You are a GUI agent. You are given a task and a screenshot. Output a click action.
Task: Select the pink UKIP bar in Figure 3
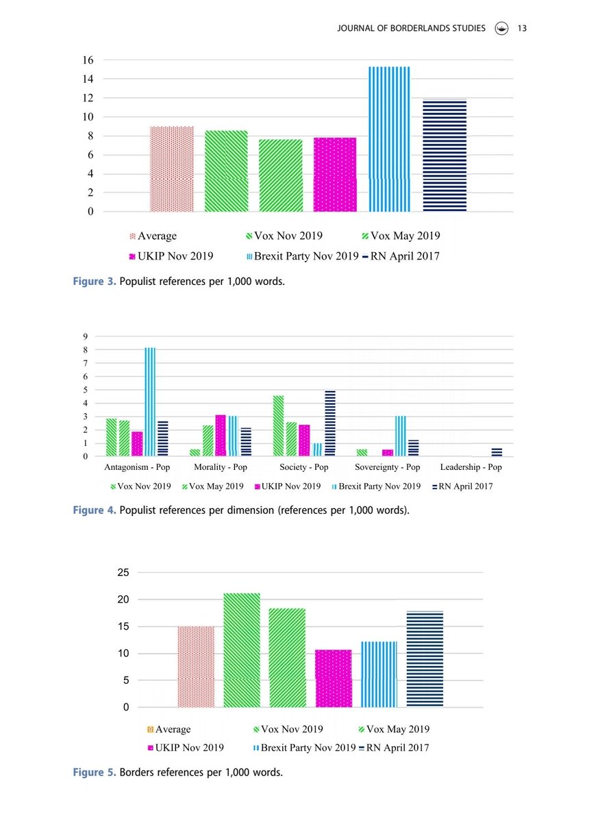point(335,175)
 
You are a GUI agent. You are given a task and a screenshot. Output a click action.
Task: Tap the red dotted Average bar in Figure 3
point(172,169)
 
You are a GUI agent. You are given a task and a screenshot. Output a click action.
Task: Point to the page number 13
point(521,28)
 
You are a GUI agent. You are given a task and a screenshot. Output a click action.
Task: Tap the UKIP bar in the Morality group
point(220,436)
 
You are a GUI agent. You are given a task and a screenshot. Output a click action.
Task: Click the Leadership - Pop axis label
point(471,468)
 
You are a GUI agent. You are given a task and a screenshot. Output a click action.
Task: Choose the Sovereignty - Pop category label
point(388,468)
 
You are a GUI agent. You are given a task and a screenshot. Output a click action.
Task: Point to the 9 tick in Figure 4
point(85,336)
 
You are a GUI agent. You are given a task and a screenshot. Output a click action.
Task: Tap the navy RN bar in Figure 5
point(425,658)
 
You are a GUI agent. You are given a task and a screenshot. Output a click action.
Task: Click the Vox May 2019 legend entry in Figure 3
point(400,236)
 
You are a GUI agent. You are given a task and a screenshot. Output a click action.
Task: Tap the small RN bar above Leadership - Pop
point(497,452)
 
